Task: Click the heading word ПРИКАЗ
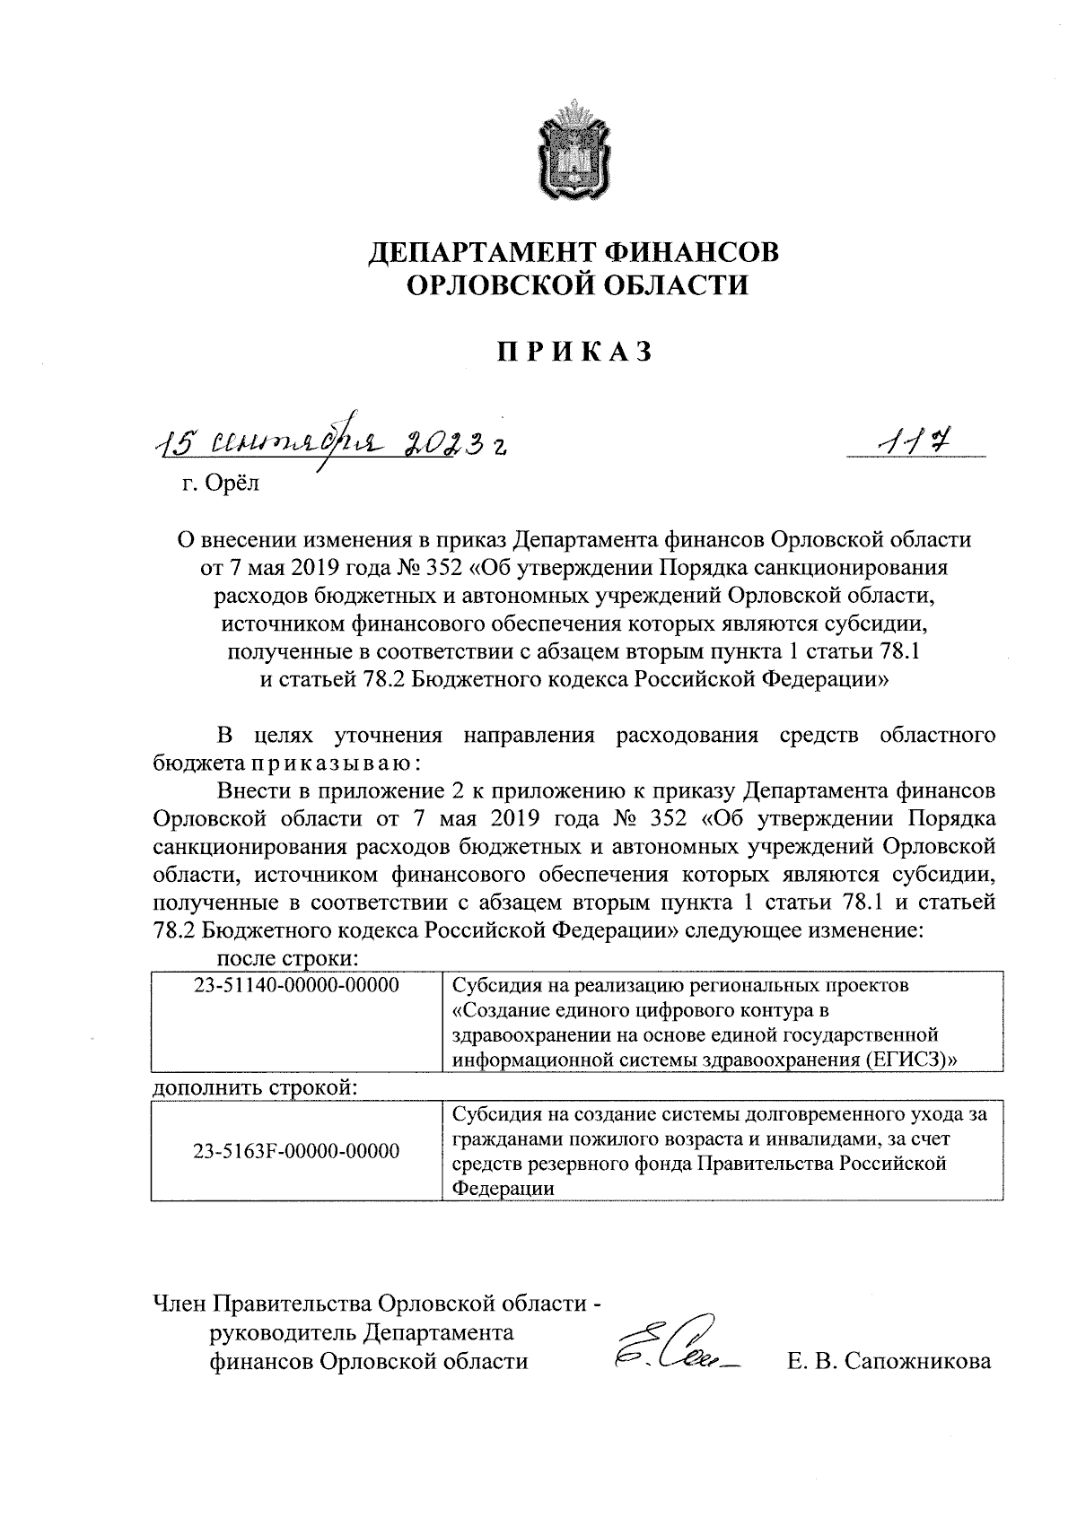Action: pyautogui.click(x=574, y=352)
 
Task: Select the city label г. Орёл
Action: pyautogui.click(x=219, y=484)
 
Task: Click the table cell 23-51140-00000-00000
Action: pyautogui.click(x=296, y=986)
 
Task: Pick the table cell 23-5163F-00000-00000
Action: pyautogui.click(x=296, y=1151)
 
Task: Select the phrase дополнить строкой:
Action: pyautogui.click(x=256, y=1089)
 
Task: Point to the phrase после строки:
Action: pyautogui.click(x=289, y=958)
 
